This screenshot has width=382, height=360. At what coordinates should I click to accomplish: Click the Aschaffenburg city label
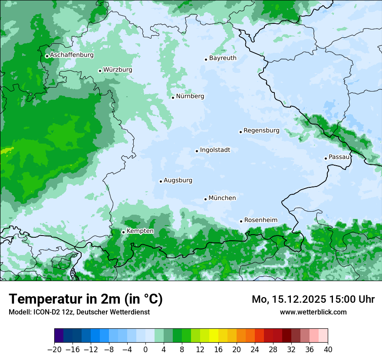72,55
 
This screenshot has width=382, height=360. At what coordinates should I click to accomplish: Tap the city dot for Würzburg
100,71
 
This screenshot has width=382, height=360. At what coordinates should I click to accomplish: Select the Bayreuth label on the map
223,58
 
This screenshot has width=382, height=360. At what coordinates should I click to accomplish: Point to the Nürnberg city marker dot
173,98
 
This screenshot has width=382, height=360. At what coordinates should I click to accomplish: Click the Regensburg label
261,130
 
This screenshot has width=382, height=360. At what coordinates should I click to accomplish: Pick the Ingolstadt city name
215,150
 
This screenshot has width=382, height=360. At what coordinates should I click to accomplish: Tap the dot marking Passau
326,158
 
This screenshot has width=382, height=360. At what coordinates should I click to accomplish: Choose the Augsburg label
178,180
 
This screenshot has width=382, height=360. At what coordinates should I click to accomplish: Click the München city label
222,198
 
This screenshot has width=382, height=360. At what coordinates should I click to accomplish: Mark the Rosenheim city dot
241,221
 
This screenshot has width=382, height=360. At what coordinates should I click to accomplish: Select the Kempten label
140,231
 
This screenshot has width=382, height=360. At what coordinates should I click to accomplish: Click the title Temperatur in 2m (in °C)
86,299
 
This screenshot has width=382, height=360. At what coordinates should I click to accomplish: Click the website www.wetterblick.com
313,312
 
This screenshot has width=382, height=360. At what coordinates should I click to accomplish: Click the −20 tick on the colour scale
55,350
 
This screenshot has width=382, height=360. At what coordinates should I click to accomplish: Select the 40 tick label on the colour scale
328,350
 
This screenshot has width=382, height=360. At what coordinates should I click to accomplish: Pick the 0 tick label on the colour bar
145,350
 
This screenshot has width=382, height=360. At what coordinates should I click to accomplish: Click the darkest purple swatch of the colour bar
59,336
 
